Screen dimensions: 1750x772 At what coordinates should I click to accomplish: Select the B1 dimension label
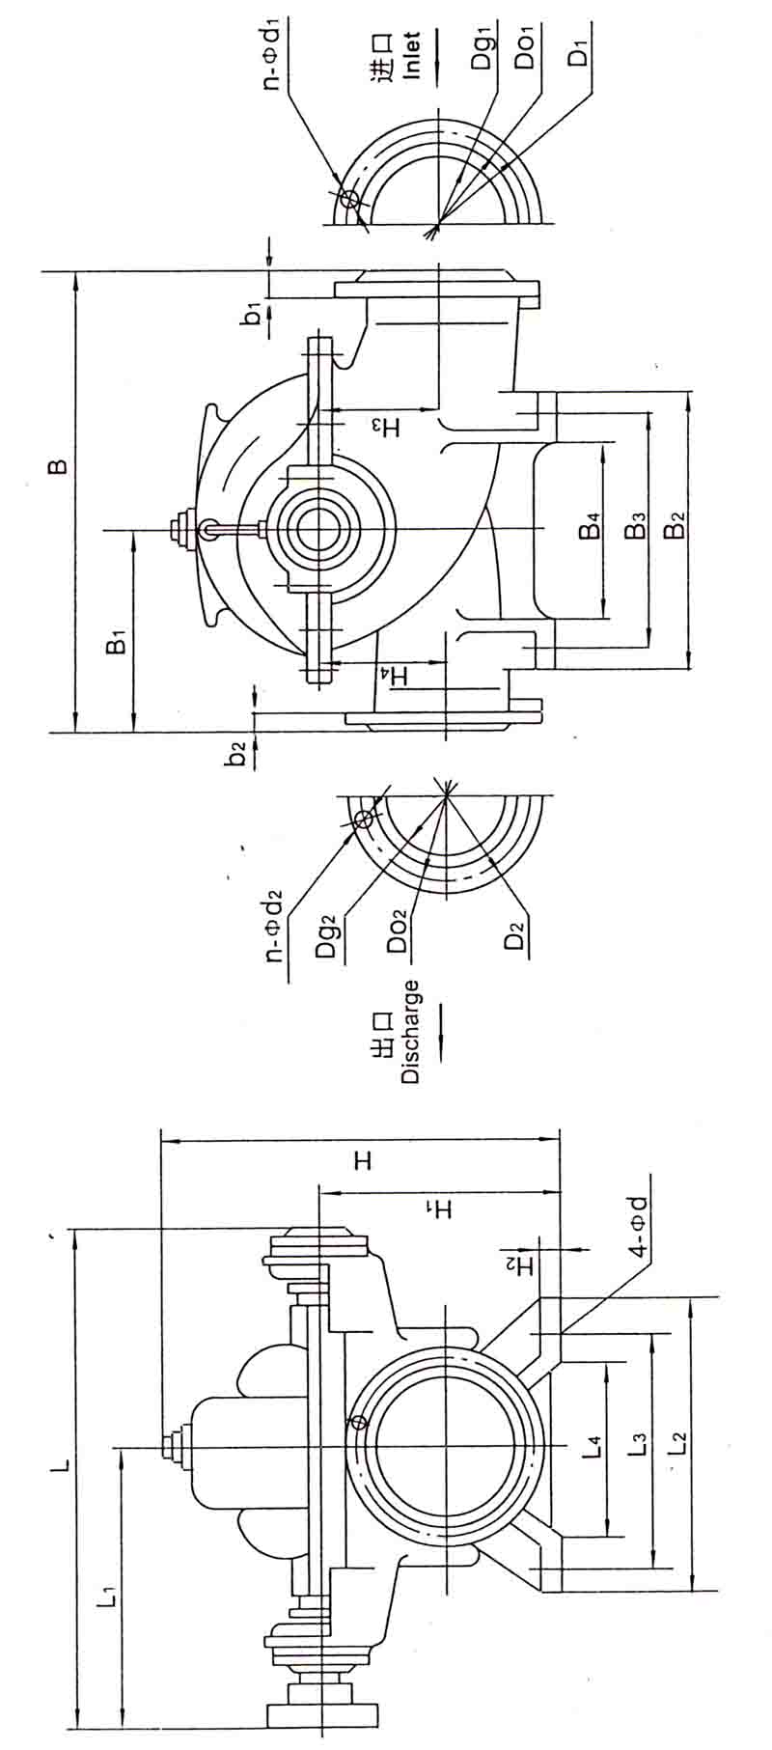(x=116, y=642)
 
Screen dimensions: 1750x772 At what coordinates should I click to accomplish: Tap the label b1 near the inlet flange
(x=253, y=313)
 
